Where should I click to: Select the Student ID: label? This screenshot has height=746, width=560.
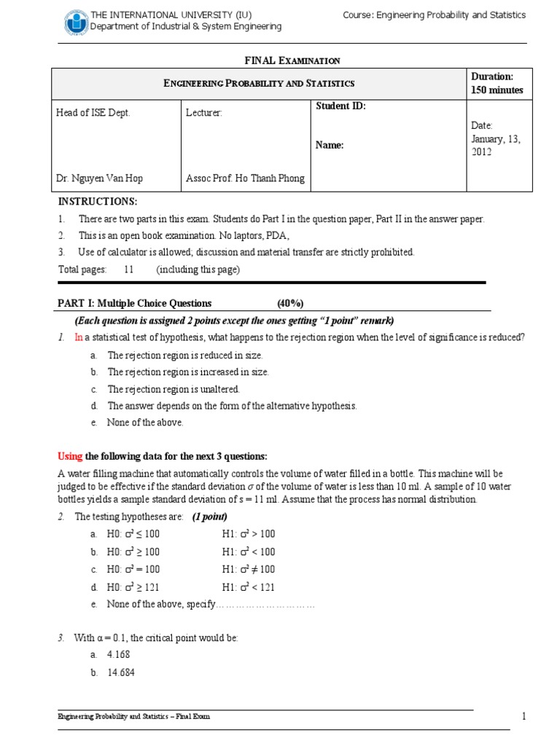[341, 106]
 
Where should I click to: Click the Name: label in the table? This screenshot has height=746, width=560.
[329, 145]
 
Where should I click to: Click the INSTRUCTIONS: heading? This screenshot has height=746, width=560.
[97, 202]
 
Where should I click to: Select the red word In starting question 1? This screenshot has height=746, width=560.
[79, 337]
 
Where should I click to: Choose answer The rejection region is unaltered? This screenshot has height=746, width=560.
[173, 389]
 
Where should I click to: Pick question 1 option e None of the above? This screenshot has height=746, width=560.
[145, 423]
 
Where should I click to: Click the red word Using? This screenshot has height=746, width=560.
[70, 456]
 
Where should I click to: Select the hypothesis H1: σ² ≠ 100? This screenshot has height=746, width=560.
[248, 569]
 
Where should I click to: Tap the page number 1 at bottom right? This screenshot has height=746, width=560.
[523, 716]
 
